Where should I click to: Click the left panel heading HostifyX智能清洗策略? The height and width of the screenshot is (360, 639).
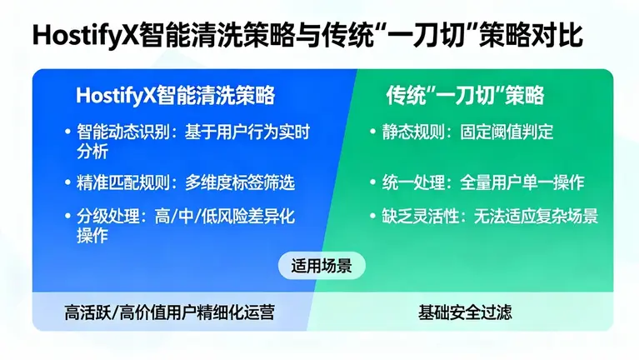click(175, 95)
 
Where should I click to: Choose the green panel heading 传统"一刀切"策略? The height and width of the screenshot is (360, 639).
click(465, 95)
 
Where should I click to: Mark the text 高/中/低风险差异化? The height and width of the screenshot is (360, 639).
click(224, 217)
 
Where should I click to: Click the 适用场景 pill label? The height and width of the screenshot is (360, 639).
click(322, 267)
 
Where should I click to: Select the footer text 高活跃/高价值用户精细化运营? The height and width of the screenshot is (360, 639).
click(169, 313)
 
